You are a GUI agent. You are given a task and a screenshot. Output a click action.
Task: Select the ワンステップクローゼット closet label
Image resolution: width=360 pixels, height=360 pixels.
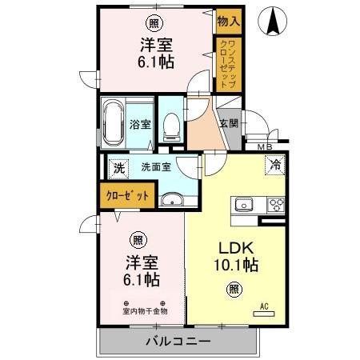pyautogui.click(x=228, y=63)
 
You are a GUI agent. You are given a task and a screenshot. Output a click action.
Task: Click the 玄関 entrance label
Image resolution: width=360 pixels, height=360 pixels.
pyautogui.click(x=228, y=123)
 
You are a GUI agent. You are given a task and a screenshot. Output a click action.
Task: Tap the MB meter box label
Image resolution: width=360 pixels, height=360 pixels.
pyautogui.click(x=264, y=146)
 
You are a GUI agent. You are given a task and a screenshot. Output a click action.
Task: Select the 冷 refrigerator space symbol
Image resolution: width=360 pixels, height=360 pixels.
pyautogui.click(x=274, y=166)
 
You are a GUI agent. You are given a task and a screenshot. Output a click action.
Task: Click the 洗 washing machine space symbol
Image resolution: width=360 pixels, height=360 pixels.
pyautogui.click(x=118, y=168)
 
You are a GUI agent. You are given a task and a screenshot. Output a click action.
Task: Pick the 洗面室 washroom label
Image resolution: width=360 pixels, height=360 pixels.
pyautogui.click(x=156, y=168)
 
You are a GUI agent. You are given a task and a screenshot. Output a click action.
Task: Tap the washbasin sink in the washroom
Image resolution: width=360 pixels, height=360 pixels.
pyautogui.click(x=171, y=200)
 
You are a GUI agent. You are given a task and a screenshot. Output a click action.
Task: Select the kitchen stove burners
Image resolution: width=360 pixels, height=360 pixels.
pyautogui.click(x=274, y=203)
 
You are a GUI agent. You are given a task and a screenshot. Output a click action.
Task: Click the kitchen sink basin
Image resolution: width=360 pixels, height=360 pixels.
pyautogui.click(x=243, y=204)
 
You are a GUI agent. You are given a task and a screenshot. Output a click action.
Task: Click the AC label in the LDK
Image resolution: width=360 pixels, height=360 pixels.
pyautogui.click(x=265, y=305)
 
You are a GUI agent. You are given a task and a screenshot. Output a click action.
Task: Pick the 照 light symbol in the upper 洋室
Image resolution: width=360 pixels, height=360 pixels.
pyautogui.click(x=152, y=23)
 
